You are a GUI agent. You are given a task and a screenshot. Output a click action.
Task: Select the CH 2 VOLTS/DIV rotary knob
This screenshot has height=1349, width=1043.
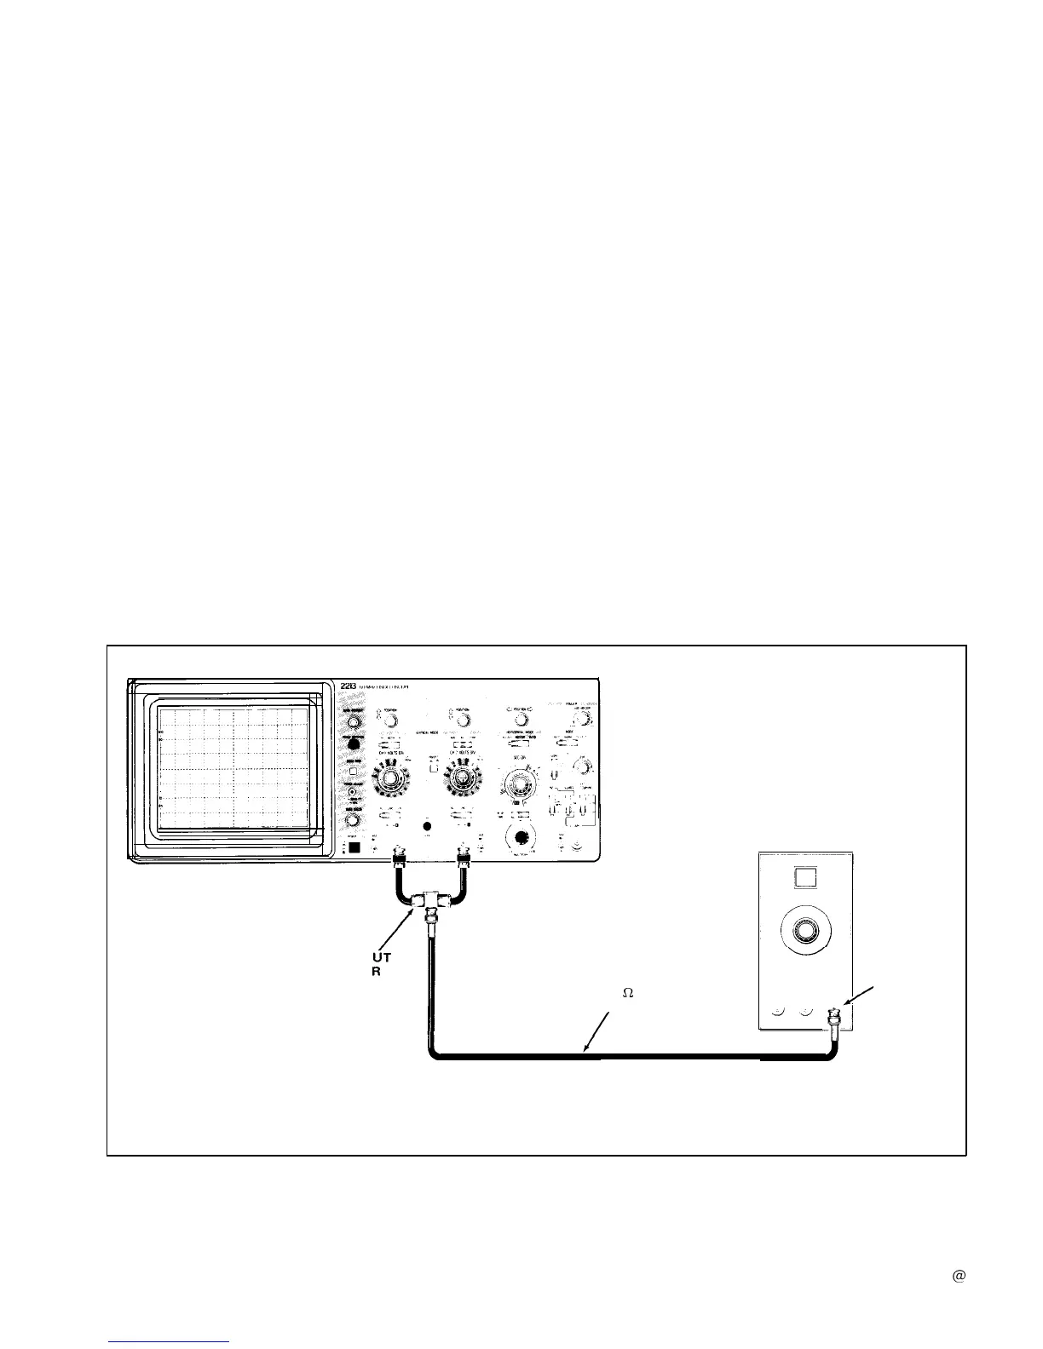[x=462, y=777]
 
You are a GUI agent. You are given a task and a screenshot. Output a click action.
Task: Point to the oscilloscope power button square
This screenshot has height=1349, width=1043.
[x=355, y=848]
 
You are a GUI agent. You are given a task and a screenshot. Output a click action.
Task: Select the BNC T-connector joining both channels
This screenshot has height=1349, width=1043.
[x=426, y=901]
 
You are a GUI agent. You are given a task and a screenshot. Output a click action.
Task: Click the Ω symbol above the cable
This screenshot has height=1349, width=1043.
[x=626, y=993]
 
